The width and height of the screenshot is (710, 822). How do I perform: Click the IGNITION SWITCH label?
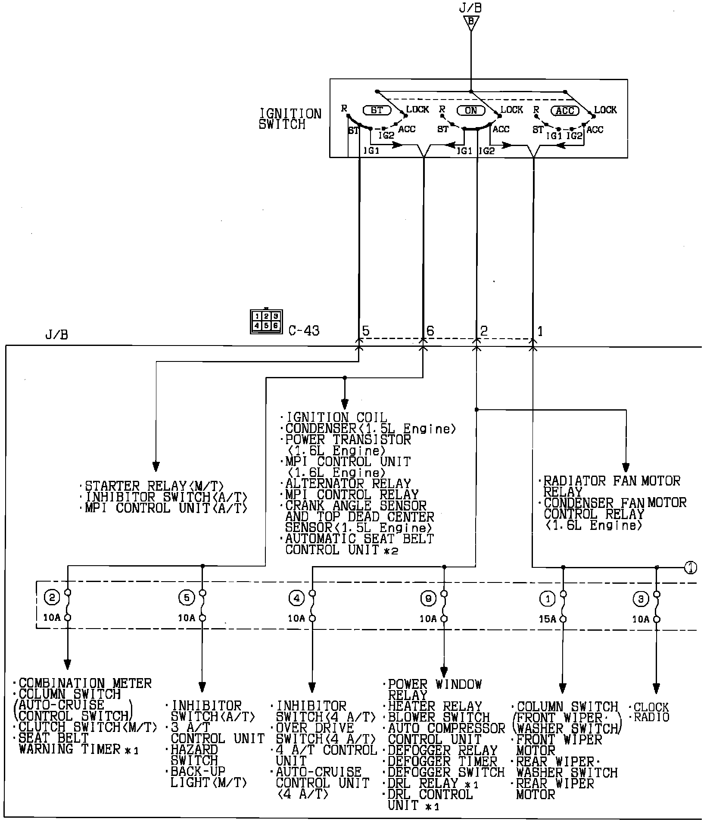290,119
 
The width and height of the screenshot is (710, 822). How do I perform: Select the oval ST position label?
377,110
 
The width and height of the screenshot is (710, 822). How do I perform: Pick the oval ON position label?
471,110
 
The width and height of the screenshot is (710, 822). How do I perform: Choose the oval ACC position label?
565,111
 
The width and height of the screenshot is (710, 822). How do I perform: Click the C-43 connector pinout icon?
266,321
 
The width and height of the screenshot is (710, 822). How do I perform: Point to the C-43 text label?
304,331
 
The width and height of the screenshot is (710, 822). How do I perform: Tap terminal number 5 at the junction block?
366,331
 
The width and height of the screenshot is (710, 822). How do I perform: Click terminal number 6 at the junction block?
430,331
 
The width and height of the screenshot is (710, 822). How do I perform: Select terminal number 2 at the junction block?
484,331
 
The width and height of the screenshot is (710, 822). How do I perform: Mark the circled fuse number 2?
53,598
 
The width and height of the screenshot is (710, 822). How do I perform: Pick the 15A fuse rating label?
547,619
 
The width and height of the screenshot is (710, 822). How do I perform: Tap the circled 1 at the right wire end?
691,568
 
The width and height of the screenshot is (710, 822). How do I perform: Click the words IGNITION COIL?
336,417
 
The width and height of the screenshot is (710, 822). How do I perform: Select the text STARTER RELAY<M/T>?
154,486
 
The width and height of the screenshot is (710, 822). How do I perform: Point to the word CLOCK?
651,707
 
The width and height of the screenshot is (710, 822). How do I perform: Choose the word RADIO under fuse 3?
651,717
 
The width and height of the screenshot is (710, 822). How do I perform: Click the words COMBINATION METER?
85,683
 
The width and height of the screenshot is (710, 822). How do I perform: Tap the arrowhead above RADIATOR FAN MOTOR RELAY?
626,467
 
